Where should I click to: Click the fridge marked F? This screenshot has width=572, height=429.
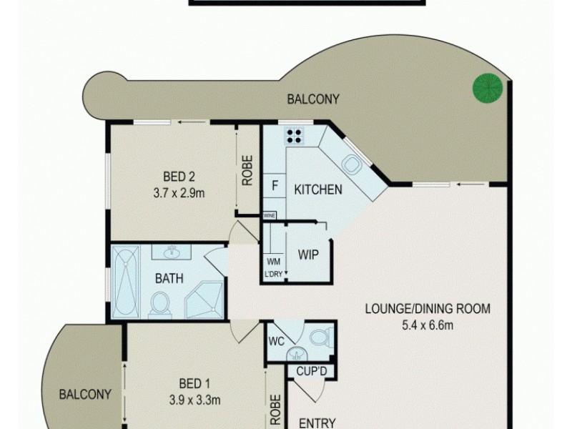274,186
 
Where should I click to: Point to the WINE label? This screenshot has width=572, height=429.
270,214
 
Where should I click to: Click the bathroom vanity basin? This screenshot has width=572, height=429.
172,252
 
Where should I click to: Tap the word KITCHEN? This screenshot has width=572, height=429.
318,189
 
